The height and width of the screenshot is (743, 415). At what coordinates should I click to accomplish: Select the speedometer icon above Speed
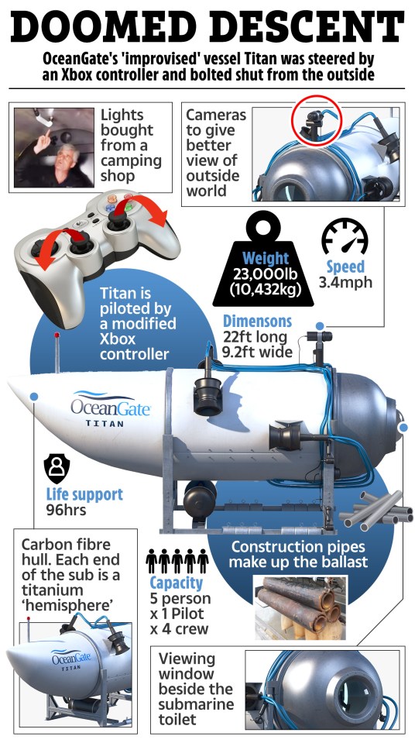(x=345, y=236)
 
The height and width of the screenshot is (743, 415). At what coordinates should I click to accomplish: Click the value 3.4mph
(x=345, y=282)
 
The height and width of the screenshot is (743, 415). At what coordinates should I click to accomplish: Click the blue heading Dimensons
(x=257, y=322)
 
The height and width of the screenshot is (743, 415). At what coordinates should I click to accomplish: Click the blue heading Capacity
(x=177, y=583)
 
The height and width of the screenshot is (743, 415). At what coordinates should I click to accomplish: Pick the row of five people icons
(x=177, y=562)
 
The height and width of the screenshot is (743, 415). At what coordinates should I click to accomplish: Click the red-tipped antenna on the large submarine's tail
(x=57, y=353)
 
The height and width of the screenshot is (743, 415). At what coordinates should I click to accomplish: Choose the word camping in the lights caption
(x=131, y=160)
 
